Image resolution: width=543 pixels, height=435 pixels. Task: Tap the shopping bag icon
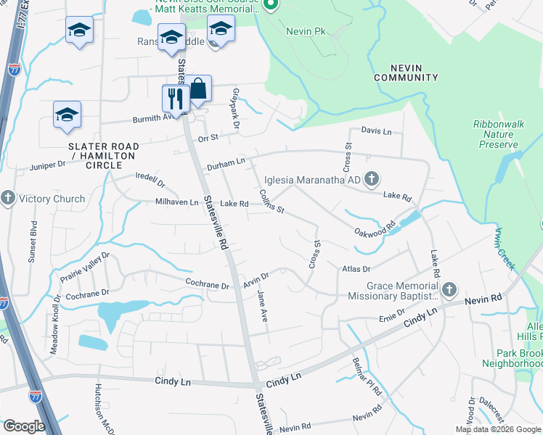pyautogui.click(x=198, y=88)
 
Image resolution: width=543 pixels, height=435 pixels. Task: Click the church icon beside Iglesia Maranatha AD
pyautogui.click(x=372, y=178)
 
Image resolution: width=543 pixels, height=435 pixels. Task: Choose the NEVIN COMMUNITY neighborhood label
pyautogui.click(x=406, y=72)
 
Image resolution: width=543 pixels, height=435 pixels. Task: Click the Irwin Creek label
pyautogui.click(x=505, y=248)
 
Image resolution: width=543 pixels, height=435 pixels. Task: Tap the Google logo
pyautogui.click(x=24, y=426)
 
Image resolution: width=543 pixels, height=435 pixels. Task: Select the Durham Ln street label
pyautogui.click(x=226, y=166)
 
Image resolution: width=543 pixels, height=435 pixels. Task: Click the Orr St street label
pyautogui.click(x=208, y=138)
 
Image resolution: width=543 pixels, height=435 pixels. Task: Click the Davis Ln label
pyautogui.click(x=377, y=132)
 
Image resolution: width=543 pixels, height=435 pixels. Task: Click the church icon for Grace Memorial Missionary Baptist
pyautogui.click(x=449, y=290)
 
